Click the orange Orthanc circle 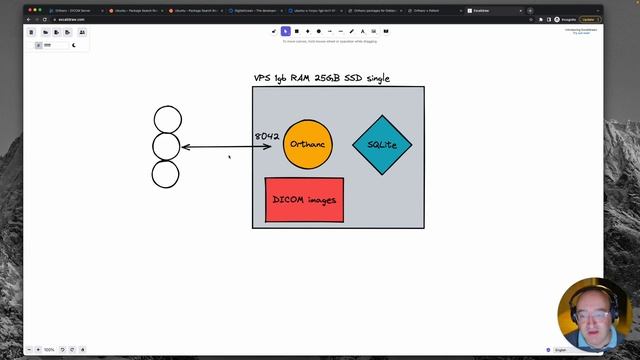click(x=307, y=145)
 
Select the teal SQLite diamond click(x=382, y=145)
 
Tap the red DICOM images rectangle click(x=304, y=200)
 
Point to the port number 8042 click(x=267, y=136)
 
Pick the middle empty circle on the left click(x=166, y=147)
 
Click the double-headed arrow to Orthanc click(x=226, y=147)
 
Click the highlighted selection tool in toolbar click(x=284, y=31)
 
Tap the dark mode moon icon click(x=73, y=45)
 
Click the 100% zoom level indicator click(x=49, y=350)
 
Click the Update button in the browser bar click(x=616, y=19)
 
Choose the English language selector click(x=562, y=350)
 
